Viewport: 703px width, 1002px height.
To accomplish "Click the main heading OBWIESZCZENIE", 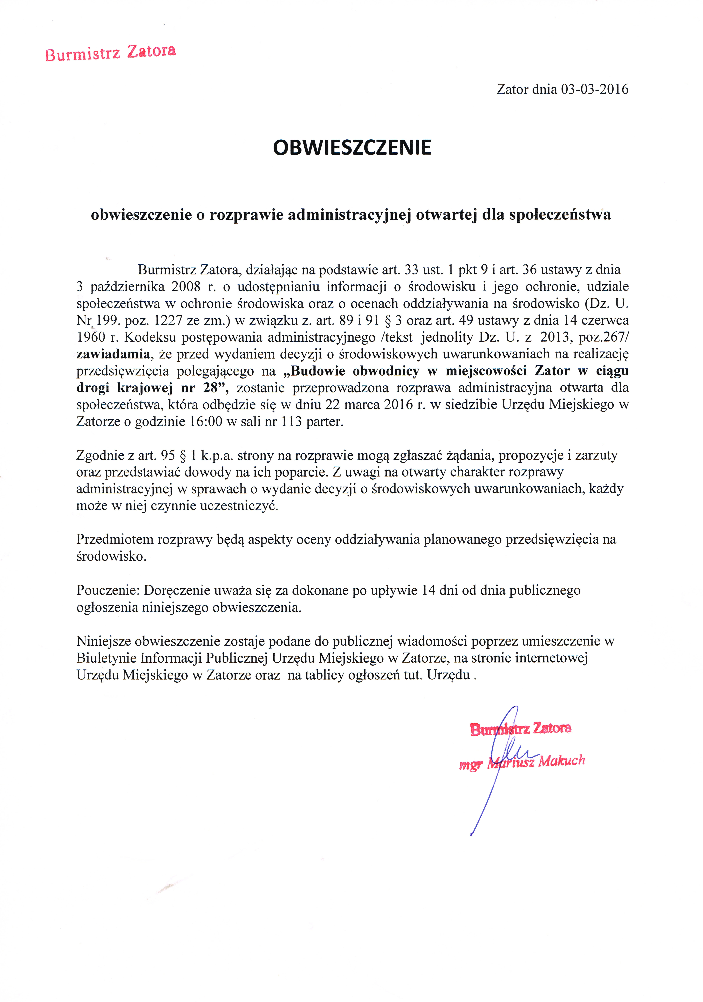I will [x=352, y=147].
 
